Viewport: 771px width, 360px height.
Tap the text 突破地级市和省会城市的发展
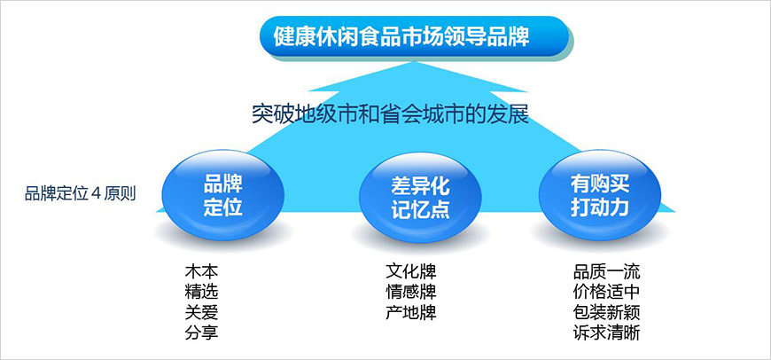pyautogui.click(x=390, y=115)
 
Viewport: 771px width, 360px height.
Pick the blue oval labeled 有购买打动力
pyautogui.click(x=600, y=194)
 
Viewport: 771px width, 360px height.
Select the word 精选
pyautogui.click(x=201, y=292)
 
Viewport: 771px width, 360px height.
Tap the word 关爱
pyautogui.click(x=201, y=312)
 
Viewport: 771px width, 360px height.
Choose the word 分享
pyautogui.click(x=201, y=333)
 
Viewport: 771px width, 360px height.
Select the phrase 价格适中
pyautogui.click(x=607, y=292)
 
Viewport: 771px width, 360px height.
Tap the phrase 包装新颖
pyautogui.click(x=607, y=312)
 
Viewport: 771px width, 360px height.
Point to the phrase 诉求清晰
pyautogui.click(x=607, y=333)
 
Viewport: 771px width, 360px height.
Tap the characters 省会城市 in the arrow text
pyautogui.click(x=430, y=115)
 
